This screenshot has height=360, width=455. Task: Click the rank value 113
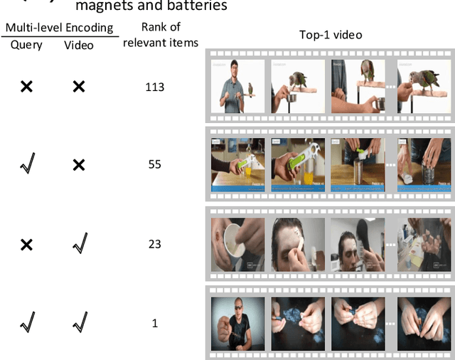point(154,87)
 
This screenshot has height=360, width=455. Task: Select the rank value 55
point(154,164)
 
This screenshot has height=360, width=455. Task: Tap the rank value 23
point(154,244)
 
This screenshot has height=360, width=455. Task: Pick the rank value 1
point(154,324)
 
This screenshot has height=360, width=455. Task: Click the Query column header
point(26,45)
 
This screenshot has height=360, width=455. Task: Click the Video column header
point(78,45)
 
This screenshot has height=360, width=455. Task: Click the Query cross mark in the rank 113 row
point(26,87)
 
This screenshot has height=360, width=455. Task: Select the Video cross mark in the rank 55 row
point(79,164)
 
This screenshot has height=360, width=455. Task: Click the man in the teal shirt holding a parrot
point(237,86)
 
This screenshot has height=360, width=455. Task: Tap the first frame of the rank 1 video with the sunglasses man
point(237,323)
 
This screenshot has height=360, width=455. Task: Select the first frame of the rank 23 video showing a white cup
point(237,245)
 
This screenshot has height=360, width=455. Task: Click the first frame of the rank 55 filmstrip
point(237,165)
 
